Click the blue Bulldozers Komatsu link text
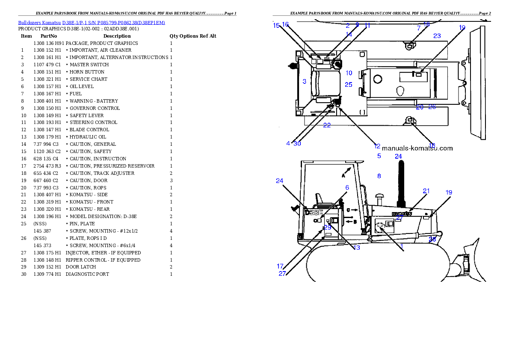[x=92, y=22]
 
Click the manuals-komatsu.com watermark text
[x=417, y=148]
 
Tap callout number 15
[x=276, y=25]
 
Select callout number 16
[x=285, y=24]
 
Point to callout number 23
[x=437, y=36]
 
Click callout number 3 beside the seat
[x=304, y=81]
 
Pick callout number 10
[x=349, y=73]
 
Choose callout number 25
[x=349, y=85]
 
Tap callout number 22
[x=327, y=125]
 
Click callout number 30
[x=297, y=144]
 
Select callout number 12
[x=377, y=146]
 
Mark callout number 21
[x=426, y=191]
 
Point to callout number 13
[x=356, y=248]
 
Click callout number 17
[x=280, y=266]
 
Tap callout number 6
[x=347, y=187]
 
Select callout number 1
[x=402, y=247]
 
